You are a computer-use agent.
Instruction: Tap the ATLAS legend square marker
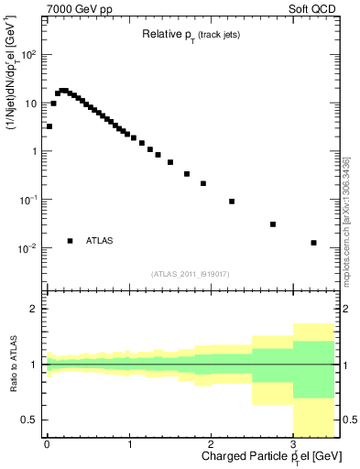(70, 241)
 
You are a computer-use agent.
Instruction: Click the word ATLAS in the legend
(100, 241)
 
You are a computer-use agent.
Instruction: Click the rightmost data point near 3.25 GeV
(314, 243)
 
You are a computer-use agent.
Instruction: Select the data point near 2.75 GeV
(273, 224)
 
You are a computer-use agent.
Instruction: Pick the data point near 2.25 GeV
(232, 202)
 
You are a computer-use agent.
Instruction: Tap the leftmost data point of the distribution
(49, 126)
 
